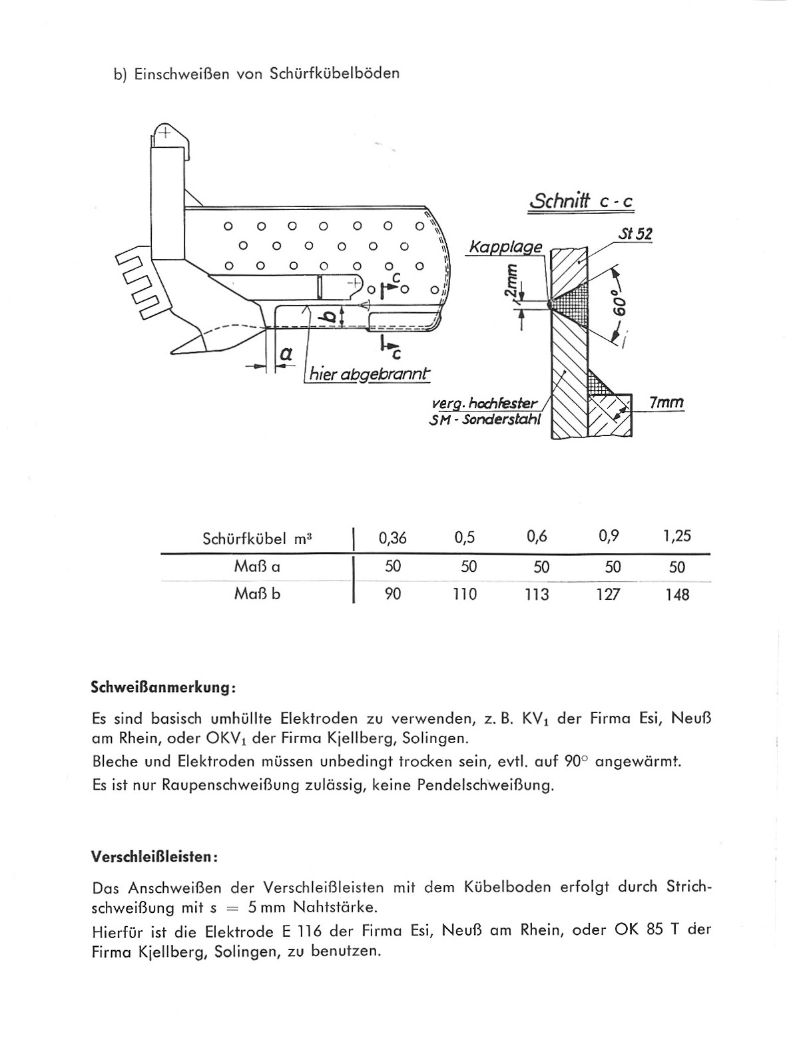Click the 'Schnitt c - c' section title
coord(580,200)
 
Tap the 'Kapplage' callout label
coord(505,247)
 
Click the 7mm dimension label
coord(665,403)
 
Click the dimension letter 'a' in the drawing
coord(286,353)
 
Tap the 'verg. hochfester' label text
coord(484,403)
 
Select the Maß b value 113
coord(536,594)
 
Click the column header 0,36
coord(392,537)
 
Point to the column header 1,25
coord(676,536)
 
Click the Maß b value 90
coord(393,594)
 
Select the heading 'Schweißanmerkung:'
coord(162,686)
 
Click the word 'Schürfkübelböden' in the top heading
coord(335,74)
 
